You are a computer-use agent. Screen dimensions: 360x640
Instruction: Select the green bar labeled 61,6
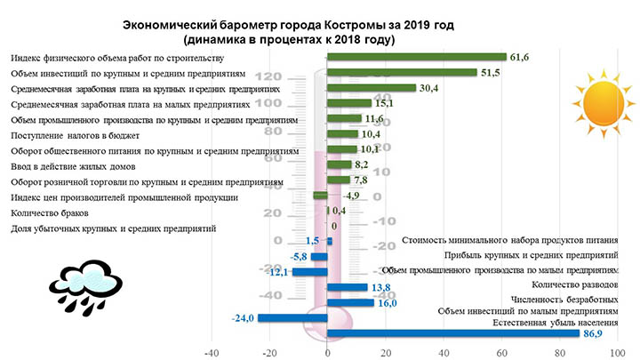click(x=416, y=58)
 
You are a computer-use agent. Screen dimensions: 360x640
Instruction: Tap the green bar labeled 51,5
click(x=402, y=73)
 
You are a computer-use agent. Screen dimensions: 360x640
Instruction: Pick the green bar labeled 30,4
click(x=372, y=88)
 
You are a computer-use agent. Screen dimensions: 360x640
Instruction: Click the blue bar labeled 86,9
click(x=452, y=332)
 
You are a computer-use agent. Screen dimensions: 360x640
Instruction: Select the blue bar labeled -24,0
click(x=292, y=318)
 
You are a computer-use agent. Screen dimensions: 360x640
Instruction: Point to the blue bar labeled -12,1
click(x=310, y=272)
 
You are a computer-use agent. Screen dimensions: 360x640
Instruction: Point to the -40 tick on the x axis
click(x=212, y=352)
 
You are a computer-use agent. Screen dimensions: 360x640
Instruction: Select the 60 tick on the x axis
click(x=500, y=352)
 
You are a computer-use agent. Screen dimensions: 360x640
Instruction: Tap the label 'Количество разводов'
click(x=572, y=285)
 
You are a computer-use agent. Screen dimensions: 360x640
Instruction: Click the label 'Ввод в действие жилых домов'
click(x=73, y=165)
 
